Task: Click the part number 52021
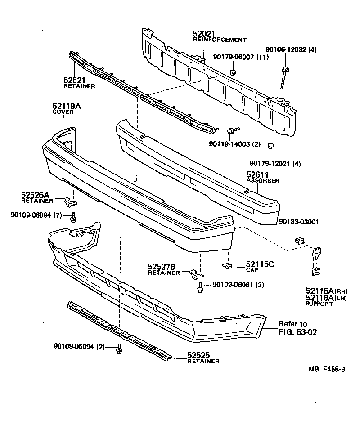(x=204, y=34)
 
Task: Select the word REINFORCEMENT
(x=220, y=40)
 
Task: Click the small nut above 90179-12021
(x=271, y=146)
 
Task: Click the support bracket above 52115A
(x=317, y=262)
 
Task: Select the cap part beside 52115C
(x=228, y=267)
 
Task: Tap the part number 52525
(x=198, y=355)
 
